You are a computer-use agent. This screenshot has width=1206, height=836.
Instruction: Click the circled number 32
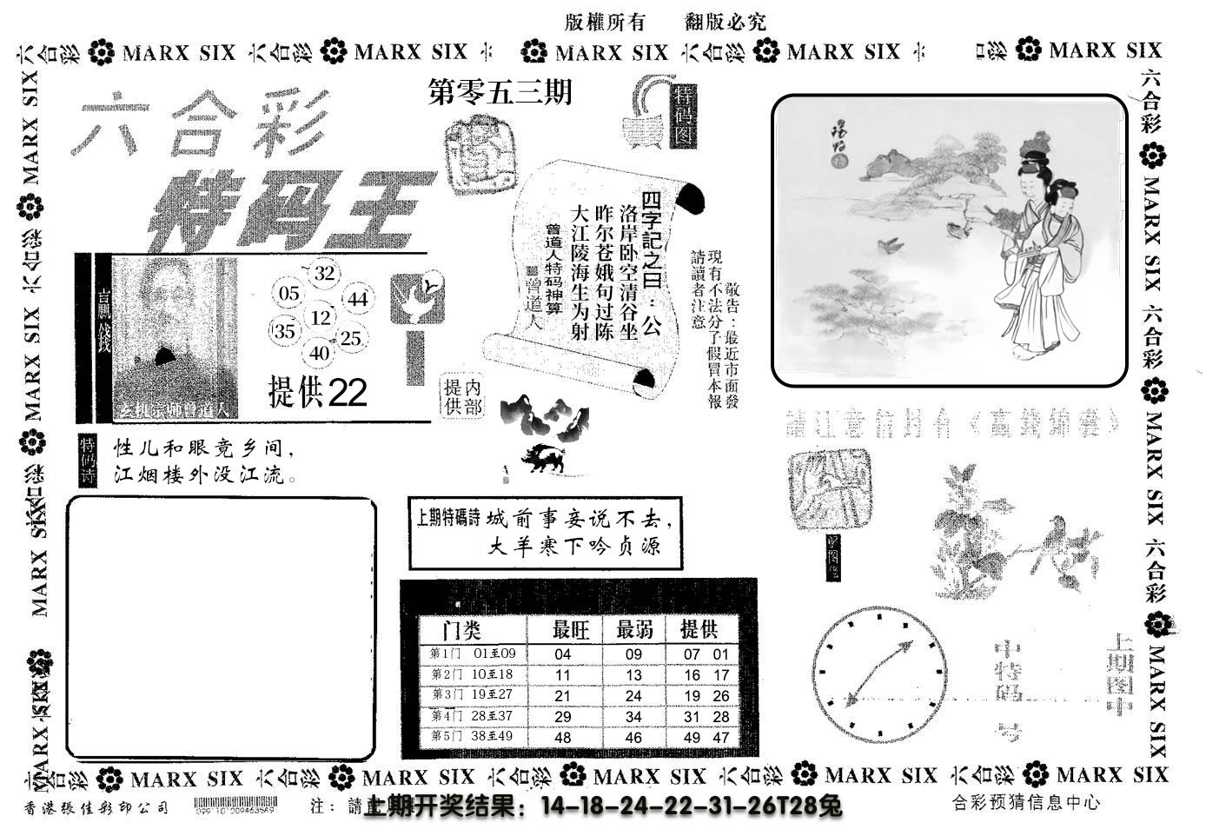pos(324,274)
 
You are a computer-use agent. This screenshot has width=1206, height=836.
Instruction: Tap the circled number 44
pos(357,300)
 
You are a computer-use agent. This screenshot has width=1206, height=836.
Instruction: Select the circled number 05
pos(289,294)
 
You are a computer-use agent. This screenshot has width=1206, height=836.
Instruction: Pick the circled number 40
pos(320,353)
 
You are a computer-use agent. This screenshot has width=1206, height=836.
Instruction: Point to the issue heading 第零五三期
pos(500,92)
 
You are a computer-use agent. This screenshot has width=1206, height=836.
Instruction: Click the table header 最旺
pos(571,629)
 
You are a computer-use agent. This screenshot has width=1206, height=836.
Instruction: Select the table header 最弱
pos(634,629)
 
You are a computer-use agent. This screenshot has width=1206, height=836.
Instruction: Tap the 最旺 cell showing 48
pos(563,738)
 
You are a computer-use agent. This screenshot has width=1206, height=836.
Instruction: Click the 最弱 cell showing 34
pos(633,717)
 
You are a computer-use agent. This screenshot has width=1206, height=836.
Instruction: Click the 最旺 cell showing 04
pos(563,654)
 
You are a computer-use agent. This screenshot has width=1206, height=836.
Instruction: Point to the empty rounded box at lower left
pos(222,627)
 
